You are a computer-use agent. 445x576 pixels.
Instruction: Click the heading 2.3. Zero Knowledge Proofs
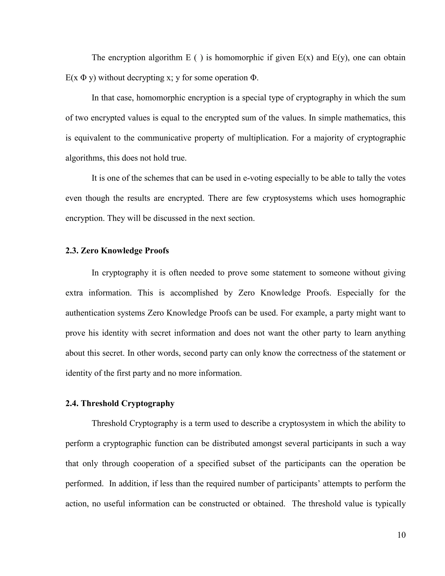117,251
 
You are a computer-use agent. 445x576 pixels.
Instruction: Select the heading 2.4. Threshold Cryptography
120,403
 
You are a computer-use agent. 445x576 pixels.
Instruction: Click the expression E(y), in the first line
341,58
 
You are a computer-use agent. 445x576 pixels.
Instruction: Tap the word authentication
90,313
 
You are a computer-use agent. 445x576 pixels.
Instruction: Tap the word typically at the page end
390,504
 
